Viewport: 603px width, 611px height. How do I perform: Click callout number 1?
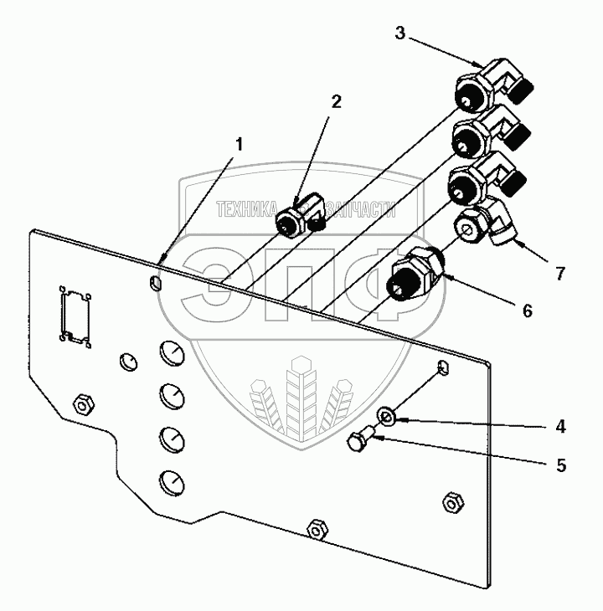pos(239,144)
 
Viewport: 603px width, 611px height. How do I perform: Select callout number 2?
pos(336,103)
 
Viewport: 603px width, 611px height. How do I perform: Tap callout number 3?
pos(400,34)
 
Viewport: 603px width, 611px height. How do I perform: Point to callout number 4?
pos(560,427)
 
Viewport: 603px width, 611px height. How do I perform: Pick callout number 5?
pos(560,464)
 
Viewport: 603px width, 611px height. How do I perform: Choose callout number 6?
pos(526,311)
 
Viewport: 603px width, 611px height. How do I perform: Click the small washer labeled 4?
pos(388,415)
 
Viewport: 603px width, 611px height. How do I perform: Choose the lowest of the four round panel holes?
pos(170,480)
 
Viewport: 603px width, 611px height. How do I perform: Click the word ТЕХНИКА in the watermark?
pos(247,210)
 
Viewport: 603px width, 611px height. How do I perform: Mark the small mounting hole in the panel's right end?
pos(443,367)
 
